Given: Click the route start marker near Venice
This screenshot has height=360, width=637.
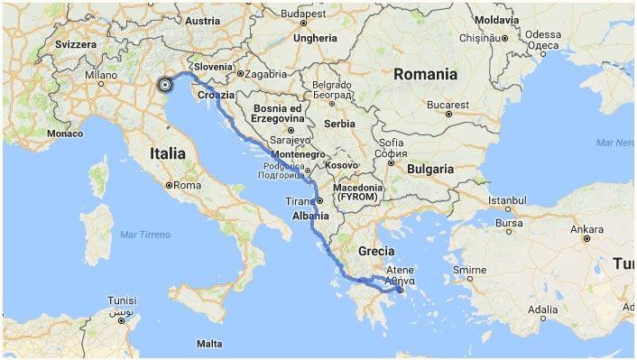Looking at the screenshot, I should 164,85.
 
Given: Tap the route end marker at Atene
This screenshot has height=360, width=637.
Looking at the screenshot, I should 400,291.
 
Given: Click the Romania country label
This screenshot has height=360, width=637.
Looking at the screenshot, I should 426,74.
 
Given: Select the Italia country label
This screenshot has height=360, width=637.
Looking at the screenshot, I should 162,154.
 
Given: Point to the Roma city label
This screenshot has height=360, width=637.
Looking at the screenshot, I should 187,185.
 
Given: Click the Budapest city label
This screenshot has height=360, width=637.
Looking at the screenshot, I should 302,14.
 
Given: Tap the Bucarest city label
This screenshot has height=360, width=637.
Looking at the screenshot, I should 449,105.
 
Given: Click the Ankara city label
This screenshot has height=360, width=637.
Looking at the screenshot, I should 586,229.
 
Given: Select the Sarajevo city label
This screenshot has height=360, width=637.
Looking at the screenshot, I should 288,141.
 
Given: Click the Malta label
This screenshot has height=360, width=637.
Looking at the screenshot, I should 209,344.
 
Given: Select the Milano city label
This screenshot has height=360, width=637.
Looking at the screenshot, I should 101,76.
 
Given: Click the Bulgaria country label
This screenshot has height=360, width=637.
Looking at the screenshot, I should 430,169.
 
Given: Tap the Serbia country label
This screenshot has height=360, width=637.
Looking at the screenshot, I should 339,124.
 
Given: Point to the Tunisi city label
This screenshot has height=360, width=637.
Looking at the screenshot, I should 122,300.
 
